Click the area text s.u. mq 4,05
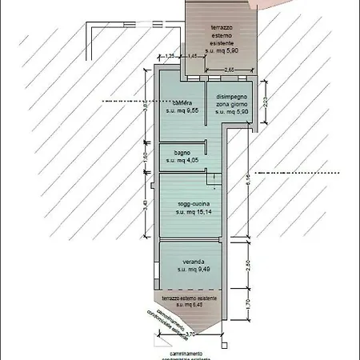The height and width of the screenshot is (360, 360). (x=182, y=160)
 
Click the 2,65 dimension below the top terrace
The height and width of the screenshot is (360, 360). (x=230, y=70)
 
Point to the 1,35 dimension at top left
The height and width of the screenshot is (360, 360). (x=170, y=55)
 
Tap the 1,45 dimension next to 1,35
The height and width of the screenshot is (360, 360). (x=192, y=55)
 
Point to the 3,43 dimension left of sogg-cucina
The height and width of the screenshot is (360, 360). (x=145, y=204)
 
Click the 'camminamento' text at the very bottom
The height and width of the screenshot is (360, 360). (x=185, y=352)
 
